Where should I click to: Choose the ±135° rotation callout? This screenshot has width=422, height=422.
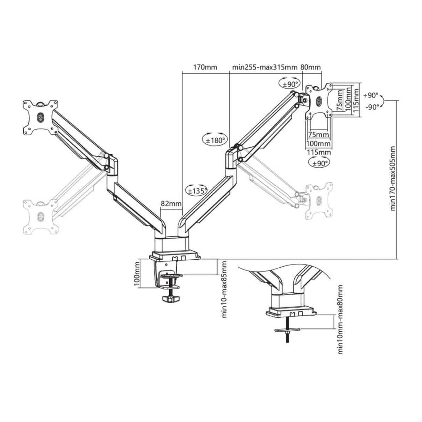pyautogui.click(x=197, y=190)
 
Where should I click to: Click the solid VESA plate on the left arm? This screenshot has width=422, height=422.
pyautogui.click(x=40, y=117)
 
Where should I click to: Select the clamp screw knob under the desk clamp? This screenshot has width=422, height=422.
pyautogui.click(x=170, y=299)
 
